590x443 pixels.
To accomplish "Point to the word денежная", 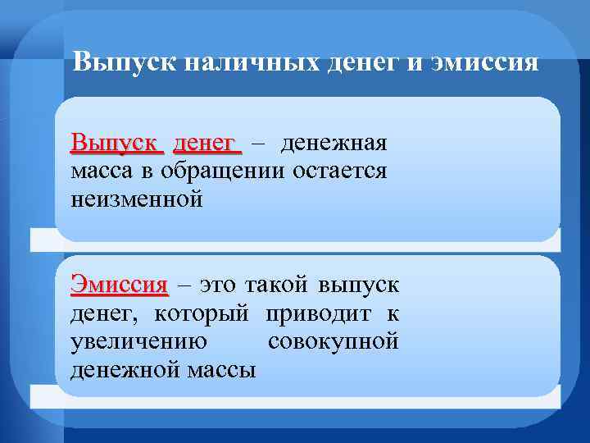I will coord(333,144).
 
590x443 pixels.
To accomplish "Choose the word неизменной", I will coord(136,199).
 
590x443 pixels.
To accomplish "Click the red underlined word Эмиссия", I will coord(119,285).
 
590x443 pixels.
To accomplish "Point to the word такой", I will coord(274,285).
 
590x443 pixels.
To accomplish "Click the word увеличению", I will coord(138,340).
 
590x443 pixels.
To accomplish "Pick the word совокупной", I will coord(333,340).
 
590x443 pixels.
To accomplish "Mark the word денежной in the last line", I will coord(122,369).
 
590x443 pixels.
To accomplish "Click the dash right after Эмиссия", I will coord(183,285).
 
